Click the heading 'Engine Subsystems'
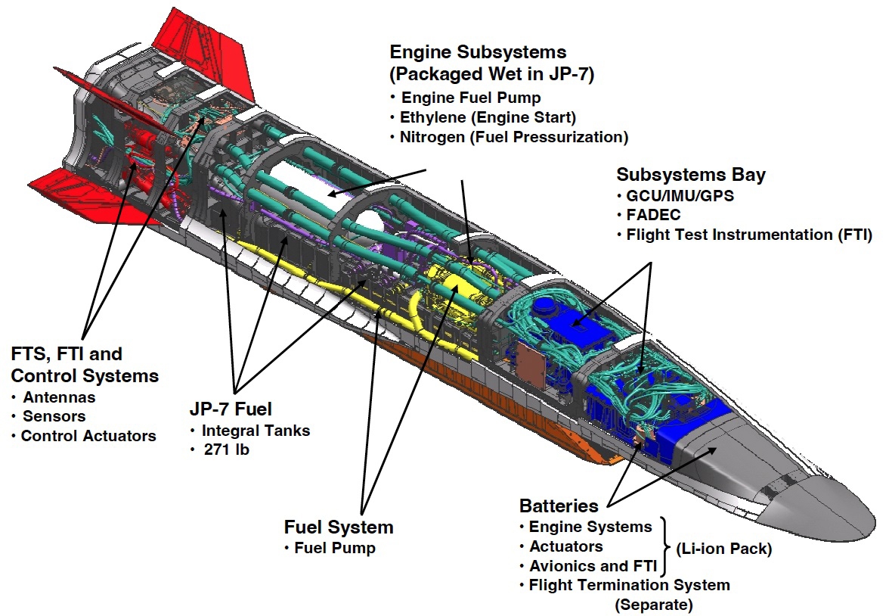click(x=478, y=52)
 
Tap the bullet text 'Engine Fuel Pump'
click(x=471, y=98)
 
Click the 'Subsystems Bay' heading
click(x=691, y=175)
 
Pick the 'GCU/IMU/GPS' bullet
click(x=680, y=196)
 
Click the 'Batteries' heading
click(x=559, y=506)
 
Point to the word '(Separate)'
click(x=653, y=605)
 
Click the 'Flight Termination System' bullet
click(x=629, y=585)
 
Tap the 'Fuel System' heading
click(x=339, y=527)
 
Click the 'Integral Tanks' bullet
click(x=256, y=431)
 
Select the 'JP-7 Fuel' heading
click(x=231, y=409)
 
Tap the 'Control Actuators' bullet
click(x=88, y=436)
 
